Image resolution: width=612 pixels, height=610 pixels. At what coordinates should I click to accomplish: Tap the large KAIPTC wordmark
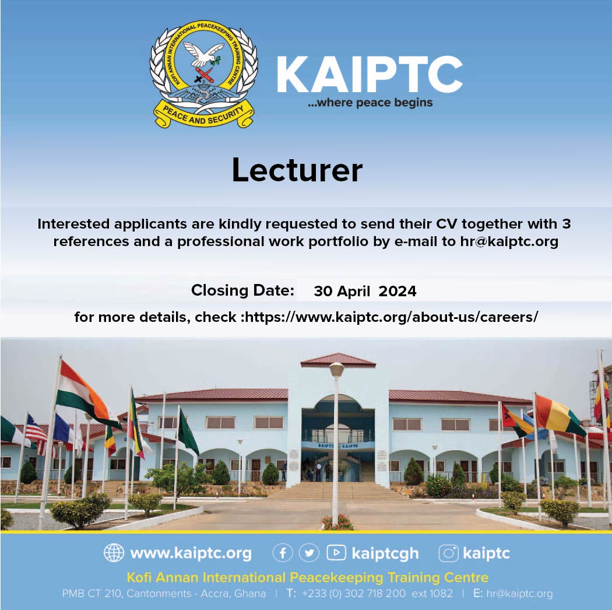coord(370,74)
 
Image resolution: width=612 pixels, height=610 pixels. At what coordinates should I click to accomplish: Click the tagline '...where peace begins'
coord(370,103)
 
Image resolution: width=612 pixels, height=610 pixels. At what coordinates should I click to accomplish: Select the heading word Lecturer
coord(297,170)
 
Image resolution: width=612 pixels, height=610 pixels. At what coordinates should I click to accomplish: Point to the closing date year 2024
coord(398,292)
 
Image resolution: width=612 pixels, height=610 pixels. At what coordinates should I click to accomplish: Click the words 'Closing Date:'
coord(242,290)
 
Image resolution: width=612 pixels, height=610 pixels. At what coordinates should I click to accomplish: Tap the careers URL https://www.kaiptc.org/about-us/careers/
coord(392,317)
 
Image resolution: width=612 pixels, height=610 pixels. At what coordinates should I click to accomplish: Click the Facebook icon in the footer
coord(283,553)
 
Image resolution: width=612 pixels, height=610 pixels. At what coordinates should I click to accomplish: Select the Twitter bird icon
coord(309,553)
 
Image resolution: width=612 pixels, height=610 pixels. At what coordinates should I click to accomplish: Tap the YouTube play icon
coord(336,553)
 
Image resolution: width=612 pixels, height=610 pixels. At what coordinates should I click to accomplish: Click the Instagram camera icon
coord(448,553)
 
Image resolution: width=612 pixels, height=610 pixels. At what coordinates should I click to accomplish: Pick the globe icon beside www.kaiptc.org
coord(114,553)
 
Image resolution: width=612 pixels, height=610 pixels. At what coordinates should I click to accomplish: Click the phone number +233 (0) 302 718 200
coord(354,594)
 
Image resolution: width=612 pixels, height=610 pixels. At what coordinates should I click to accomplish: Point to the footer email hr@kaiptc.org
coord(519,594)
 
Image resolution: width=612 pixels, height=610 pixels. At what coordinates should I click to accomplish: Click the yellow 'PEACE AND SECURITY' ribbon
coord(204,114)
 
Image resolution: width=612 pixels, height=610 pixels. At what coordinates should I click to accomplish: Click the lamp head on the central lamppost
coord(336,369)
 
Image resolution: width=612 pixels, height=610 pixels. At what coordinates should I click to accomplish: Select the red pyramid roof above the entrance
coord(338,360)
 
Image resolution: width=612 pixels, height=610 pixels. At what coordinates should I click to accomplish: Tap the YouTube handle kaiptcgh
coord(385,553)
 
